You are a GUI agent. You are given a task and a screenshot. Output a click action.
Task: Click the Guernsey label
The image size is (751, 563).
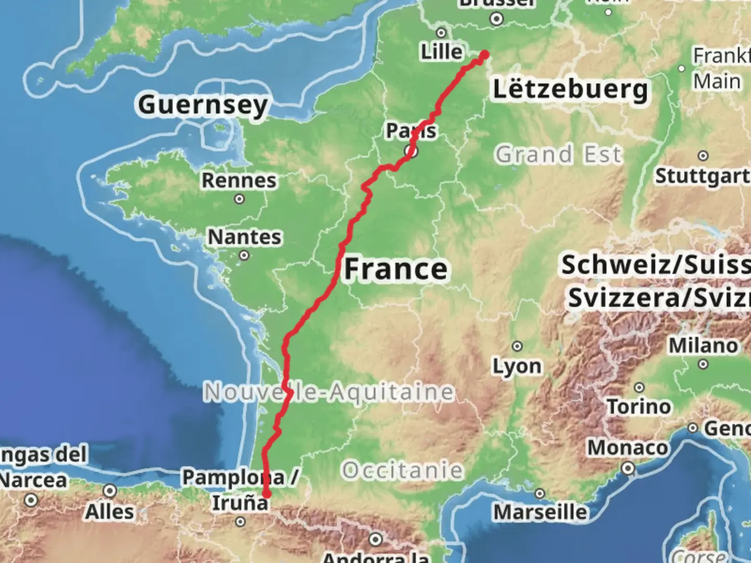pyautogui.click(x=203, y=105)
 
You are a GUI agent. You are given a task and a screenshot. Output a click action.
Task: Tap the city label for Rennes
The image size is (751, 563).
pyautogui.click(x=239, y=180)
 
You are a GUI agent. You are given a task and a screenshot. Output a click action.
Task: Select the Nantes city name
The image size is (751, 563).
pyautogui.click(x=245, y=237)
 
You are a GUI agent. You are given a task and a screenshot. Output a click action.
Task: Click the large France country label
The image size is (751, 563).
pyautogui.click(x=396, y=269)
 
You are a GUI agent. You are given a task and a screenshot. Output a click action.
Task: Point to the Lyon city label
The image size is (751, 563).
pyautogui.click(x=517, y=366)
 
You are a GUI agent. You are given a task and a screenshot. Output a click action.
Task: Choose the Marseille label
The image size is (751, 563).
pyautogui.click(x=540, y=512)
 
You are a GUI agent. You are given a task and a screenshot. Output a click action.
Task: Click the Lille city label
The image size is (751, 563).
pyautogui.click(x=442, y=52)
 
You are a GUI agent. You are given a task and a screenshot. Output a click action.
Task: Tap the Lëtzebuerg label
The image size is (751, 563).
pyautogui.click(x=571, y=89)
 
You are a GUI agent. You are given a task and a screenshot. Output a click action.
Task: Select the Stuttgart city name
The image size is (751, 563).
pyautogui.click(x=702, y=176)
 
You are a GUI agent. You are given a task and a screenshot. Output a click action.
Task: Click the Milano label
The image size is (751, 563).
pyautogui.click(x=704, y=345)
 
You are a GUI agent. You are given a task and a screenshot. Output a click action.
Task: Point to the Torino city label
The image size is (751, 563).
pyautogui.click(x=639, y=406)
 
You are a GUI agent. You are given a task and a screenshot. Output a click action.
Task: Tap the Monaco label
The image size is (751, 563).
pyautogui.click(x=627, y=448)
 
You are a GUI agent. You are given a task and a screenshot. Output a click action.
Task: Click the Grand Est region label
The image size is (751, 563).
pyautogui.click(x=559, y=154)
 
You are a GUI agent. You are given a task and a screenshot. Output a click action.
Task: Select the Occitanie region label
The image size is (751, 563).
pyautogui.click(x=402, y=470)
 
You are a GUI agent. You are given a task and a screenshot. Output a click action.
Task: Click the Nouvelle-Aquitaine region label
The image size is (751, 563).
pyautogui.click(x=329, y=392)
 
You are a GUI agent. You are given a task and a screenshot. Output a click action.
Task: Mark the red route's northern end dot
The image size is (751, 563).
pyautogui.click(x=484, y=55)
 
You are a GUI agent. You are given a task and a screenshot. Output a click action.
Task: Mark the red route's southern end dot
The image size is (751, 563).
pyautogui.click(x=267, y=494)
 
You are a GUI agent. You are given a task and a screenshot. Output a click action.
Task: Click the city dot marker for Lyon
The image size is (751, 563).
pyautogui.click(x=517, y=346)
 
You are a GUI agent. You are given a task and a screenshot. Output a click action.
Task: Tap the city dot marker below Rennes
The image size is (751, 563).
pyautogui.click(x=239, y=199)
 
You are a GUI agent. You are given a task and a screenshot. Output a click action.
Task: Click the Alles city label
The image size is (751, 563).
pyautogui.click(x=110, y=512)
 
